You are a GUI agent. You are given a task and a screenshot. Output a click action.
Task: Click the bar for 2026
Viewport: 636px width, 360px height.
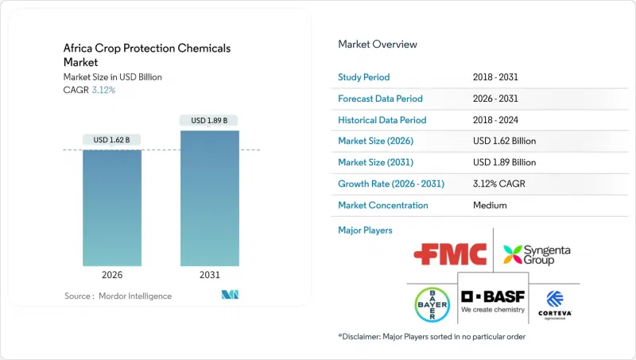[x=112, y=207]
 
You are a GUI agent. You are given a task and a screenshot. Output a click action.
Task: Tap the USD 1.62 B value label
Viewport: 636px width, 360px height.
[x=112, y=140]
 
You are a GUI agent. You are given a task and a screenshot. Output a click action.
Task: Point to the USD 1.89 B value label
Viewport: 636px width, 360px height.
[x=209, y=121]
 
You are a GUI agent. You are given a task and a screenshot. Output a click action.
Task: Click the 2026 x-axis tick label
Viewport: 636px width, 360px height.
[x=112, y=274]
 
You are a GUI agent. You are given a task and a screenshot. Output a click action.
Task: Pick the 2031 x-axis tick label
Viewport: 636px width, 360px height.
[x=209, y=274]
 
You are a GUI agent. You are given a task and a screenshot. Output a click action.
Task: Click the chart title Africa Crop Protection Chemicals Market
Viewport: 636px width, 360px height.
[x=147, y=55]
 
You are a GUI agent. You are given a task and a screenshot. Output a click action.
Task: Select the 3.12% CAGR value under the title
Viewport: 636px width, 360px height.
[x=103, y=89]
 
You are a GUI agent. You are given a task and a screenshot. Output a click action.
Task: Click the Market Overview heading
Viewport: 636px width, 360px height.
[x=378, y=45]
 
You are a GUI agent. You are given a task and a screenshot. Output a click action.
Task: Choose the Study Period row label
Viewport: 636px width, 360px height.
[x=364, y=77]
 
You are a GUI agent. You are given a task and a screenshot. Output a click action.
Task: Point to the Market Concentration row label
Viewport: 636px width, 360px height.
[x=383, y=205]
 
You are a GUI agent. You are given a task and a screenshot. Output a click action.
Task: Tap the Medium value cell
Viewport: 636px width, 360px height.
[x=490, y=205]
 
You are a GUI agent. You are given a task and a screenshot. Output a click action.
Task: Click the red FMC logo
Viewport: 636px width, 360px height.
[x=450, y=255]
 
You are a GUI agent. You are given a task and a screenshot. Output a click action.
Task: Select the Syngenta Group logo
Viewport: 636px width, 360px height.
[x=537, y=255]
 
